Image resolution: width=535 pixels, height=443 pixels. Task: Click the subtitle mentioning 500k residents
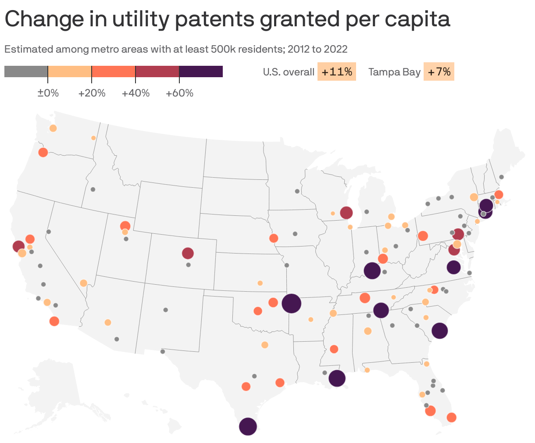[x=176, y=49]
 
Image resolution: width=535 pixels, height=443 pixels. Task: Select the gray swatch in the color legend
[x=26, y=71]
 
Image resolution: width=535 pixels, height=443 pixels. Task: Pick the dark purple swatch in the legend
[x=201, y=71]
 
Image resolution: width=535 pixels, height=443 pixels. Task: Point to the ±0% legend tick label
[x=48, y=93]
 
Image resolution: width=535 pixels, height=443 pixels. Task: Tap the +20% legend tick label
[x=92, y=93]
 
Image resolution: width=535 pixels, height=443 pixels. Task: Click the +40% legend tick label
[x=136, y=93]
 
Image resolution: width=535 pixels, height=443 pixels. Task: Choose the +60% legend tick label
[x=179, y=93]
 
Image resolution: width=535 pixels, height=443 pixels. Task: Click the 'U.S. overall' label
[x=289, y=72]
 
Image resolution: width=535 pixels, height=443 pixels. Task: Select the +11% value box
[x=337, y=72]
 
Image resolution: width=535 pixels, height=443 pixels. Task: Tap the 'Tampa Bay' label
[x=394, y=72]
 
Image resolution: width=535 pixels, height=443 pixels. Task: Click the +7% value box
[x=439, y=72]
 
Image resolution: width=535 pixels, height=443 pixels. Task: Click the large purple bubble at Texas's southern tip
[x=248, y=426]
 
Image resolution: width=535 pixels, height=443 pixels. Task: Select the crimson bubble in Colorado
[x=188, y=253]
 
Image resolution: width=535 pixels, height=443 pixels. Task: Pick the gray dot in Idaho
[x=93, y=189]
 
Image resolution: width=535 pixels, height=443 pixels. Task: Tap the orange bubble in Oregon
[x=43, y=152]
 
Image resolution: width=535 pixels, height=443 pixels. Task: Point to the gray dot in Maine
[x=502, y=177]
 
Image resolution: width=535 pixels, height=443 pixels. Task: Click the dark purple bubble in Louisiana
[x=337, y=378]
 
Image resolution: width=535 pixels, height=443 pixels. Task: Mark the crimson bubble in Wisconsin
[x=346, y=213]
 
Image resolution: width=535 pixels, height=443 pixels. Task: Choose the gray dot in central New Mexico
[x=165, y=310]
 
